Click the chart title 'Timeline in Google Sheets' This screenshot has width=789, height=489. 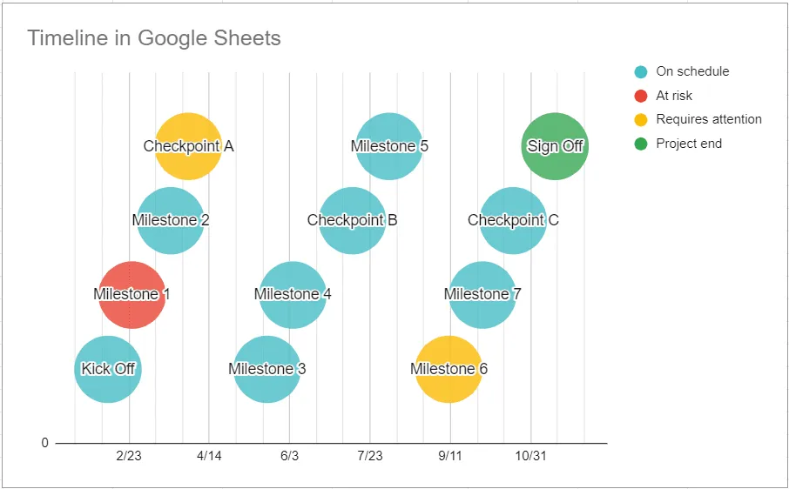[154, 37]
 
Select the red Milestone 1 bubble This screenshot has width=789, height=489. [131, 294]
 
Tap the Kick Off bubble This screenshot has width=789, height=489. [108, 369]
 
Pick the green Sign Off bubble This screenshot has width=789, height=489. [555, 146]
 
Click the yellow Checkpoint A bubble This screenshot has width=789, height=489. [188, 146]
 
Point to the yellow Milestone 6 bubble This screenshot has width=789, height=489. [448, 369]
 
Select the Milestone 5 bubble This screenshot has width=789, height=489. [389, 146]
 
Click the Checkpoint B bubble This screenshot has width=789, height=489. [352, 220]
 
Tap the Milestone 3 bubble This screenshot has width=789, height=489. [267, 369]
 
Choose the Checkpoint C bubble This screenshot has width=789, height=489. [513, 220]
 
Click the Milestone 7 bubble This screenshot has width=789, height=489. [482, 294]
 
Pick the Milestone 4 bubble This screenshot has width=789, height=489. [293, 294]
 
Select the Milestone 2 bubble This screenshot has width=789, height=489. [171, 220]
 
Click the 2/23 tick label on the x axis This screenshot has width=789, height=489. [129, 456]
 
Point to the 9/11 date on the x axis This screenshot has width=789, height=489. [450, 456]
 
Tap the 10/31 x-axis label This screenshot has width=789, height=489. [529, 456]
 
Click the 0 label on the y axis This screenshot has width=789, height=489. [44, 443]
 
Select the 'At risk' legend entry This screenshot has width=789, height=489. [674, 96]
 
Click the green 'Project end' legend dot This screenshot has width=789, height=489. [642, 144]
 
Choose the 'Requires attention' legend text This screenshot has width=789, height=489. [709, 119]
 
